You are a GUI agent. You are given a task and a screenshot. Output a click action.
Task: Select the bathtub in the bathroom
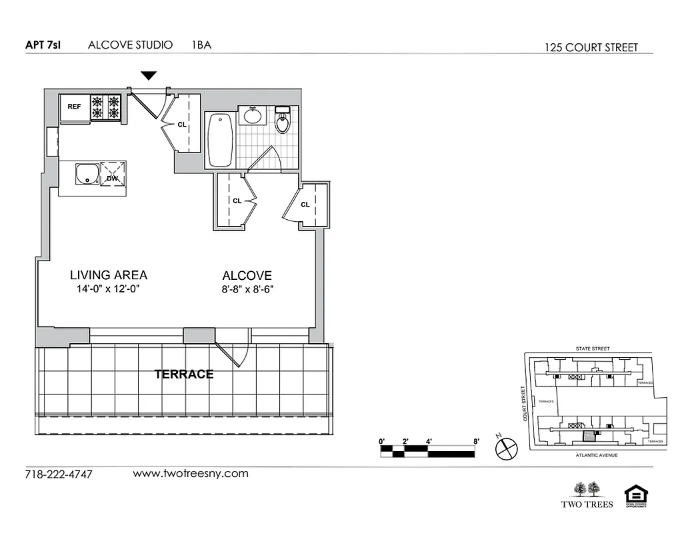pyautogui.click(x=220, y=141)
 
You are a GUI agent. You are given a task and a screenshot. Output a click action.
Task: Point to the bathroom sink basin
pyautogui.click(x=253, y=115)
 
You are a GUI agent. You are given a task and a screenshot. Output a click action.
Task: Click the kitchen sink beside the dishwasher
pyautogui.click(x=86, y=175)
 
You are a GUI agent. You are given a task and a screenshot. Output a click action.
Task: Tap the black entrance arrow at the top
pyautogui.click(x=149, y=76)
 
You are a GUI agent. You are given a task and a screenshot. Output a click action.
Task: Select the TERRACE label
pyautogui.click(x=184, y=374)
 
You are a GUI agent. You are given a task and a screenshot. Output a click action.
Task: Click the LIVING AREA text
pyautogui.click(x=109, y=274)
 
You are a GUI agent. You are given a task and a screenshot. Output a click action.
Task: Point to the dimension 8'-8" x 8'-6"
pyautogui.click(x=247, y=289)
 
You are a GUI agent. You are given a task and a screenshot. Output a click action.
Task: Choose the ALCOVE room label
pyautogui.click(x=247, y=275)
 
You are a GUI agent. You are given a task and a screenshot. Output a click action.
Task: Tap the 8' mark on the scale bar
pyautogui.click(x=476, y=440)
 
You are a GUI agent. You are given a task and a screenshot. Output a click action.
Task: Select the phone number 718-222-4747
pyautogui.click(x=59, y=474)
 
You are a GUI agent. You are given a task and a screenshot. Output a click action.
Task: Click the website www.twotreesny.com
pyautogui.click(x=191, y=474)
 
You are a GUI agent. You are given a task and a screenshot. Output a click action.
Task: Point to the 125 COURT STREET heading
pyautogui.click(x=591, y=47)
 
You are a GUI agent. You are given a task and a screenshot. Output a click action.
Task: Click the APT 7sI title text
pyautogui.click(x=43, y=45)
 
